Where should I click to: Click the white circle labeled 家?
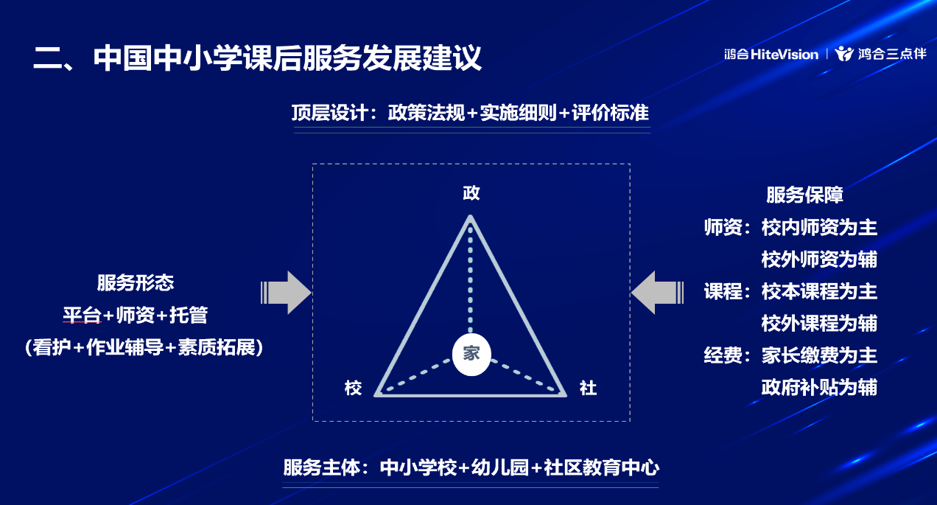[x=471, y=355]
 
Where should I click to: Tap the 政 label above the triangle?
[x=471, y=193]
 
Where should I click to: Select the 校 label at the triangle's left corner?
[x=353, y=388]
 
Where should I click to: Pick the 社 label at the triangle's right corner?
[x=588, y=388]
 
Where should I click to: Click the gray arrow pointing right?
[x=286, y=292]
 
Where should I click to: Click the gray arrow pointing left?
[x=657, y=292]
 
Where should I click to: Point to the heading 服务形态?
[x=136, y=282]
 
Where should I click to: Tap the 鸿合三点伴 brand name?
[x=892, y=54]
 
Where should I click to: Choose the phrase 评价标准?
[x=611, y=113]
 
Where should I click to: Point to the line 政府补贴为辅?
[x=819, y=387]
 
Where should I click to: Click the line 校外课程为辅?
[x=819, y=323]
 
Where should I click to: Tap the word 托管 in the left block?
[x=189, y=315]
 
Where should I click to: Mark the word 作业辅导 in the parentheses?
[x=124, y=347]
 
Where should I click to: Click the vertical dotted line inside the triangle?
[x=470, y=279]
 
